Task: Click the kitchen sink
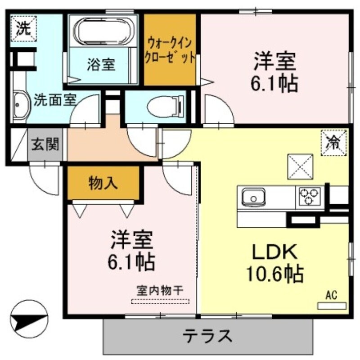pyautogui.click(x=253, y=197)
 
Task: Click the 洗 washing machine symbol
pyautogui.click(x=21, y=28)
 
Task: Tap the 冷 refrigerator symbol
pyautogui.click(x=334, y=143)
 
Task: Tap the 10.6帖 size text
pyautogui.click(x=274, y=273)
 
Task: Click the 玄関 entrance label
pyautogui.click(x=45, y=144)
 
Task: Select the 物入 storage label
pyautogui.click(x=103, y=183)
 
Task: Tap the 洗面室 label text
pyautogui.click(x=55, y=99)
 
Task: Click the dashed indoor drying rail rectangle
pyautogui.click(x=160, y=301)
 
